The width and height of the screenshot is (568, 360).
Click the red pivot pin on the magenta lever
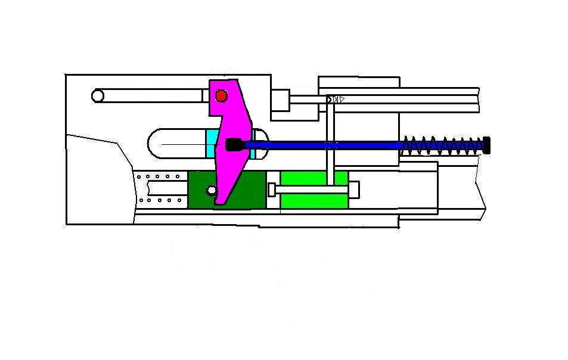tap(222, 95)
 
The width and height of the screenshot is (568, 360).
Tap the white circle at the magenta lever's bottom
tap(211, 190)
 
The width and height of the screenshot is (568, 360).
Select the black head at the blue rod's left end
tap(234, 144)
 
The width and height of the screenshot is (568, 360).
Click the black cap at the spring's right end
tap(486, 145)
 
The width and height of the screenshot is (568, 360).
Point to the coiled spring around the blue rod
tap(444, 145)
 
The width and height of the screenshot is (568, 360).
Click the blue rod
tap(322, 145)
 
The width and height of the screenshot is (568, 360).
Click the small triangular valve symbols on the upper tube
tap(337, 99)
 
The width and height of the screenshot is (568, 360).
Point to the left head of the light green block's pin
tap(272, 190)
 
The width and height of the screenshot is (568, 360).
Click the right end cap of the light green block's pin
tap(355, 190)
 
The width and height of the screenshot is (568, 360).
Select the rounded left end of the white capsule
tap(156, 144)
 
